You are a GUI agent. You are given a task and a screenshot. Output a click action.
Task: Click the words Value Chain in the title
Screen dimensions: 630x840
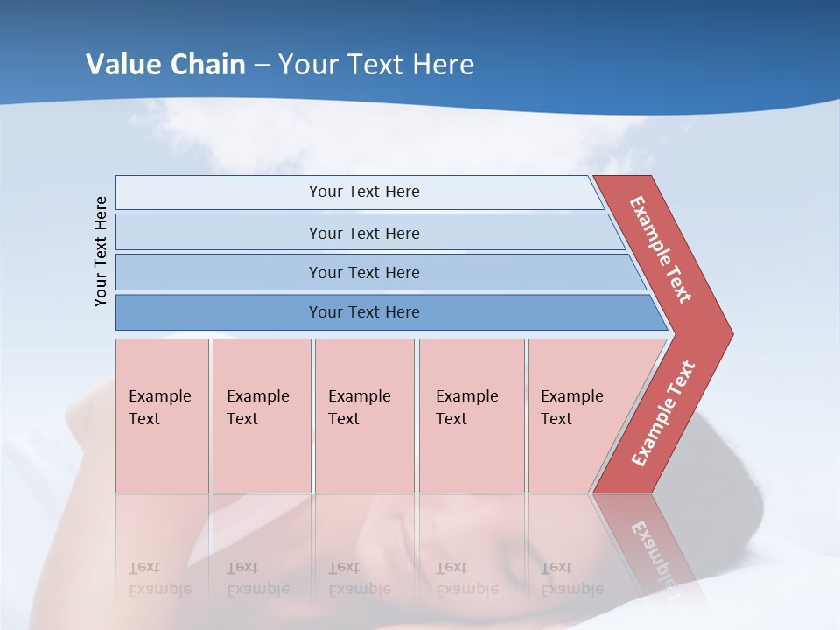(165, 64)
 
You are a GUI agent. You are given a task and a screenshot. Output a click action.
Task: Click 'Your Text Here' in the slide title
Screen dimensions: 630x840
(376, 64)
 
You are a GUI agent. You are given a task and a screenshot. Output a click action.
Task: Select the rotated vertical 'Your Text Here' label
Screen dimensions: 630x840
(101, 251)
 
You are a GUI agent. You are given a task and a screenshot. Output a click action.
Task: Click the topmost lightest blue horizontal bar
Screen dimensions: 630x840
(364, 192)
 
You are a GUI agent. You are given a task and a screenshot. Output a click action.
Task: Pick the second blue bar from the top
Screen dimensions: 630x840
(364, 233)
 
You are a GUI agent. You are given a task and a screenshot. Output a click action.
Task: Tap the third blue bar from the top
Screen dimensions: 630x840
(364, 272)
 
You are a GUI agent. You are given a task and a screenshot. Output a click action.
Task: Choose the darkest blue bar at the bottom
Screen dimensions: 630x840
(364, 312)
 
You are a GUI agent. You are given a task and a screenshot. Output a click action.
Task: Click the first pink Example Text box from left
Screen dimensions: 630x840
(162, 416)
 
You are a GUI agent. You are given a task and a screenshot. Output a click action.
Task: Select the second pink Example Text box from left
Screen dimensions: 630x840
(261, 416)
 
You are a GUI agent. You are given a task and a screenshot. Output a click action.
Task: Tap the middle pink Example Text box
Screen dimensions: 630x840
(364, 416)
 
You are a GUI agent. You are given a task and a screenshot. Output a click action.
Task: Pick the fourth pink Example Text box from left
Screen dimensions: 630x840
(472, 416)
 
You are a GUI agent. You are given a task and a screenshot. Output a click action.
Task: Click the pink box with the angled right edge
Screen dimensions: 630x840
(582, 416)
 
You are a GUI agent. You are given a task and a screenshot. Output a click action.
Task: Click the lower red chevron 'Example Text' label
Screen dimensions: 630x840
(663, 414)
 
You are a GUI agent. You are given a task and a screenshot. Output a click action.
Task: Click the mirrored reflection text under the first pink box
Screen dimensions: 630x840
(159, 578)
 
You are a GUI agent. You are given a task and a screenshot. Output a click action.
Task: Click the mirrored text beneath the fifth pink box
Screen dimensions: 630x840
(571, 578)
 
